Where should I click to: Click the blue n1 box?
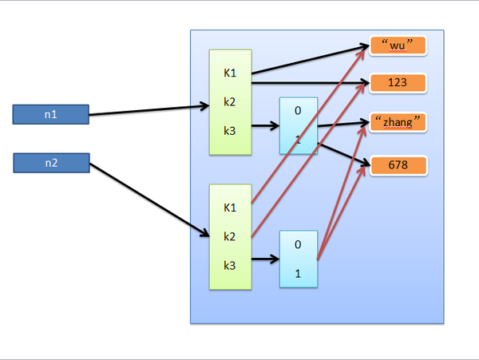[50, 115]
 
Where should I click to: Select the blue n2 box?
[50, 164]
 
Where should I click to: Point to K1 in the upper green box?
[230, 73]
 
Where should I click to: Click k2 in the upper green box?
[230, 101]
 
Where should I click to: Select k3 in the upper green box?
[230, 128]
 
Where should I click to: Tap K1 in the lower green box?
[230, 208]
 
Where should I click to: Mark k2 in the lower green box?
[230, 236]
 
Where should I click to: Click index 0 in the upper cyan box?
[298, 112]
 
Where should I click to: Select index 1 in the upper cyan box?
[298, 140]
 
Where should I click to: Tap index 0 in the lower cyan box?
[298, 244]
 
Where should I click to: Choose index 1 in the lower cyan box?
[298, 273]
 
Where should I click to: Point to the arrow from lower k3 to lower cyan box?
[264, 259]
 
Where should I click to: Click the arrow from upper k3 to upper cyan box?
[264, 127]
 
